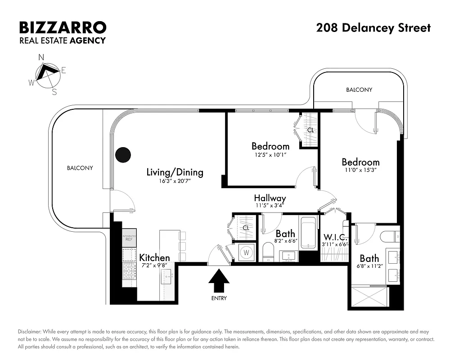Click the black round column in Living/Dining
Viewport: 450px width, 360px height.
click(123, 155)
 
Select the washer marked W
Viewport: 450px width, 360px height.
click(246, 252)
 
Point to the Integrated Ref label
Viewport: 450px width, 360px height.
click(129, 238)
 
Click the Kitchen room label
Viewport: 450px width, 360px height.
click(154, 258)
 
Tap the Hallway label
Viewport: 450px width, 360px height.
click(270, 198)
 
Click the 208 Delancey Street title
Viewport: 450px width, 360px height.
click(373, 28)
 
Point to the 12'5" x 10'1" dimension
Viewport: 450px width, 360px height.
click(270, 154)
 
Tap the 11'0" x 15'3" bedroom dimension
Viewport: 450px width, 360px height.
click(360, 170)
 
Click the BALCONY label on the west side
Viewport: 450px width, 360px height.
click(80, 168)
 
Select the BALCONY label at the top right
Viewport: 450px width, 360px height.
click(359, 90)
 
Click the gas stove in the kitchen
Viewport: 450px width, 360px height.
click(130, 271)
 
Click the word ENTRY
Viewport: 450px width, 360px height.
click(219, 298)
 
